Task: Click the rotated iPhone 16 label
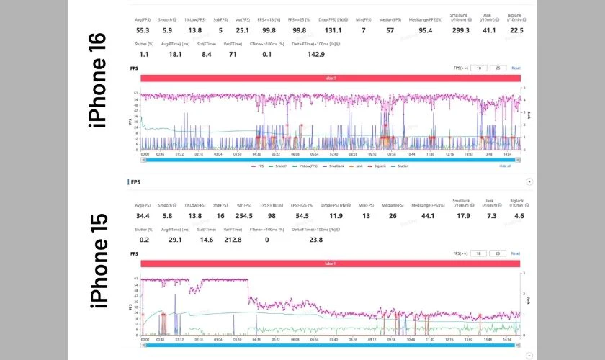pos(98,80)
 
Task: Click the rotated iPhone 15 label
pos(99,261)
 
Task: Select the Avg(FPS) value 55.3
pos(143,31)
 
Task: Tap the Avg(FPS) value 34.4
pos(143,216)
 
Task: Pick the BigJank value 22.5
pos(516,31)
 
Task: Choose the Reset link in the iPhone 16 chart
pos(516,68)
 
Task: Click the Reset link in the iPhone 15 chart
pos(516,253)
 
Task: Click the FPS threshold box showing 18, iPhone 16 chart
pos(478,68)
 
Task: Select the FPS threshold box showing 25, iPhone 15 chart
pos(498,253)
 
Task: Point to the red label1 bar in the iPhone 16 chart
pos(330,78)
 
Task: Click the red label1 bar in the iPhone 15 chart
pos(330,264)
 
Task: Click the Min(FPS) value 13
pos(364,216)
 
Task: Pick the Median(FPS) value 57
pos(390,31)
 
